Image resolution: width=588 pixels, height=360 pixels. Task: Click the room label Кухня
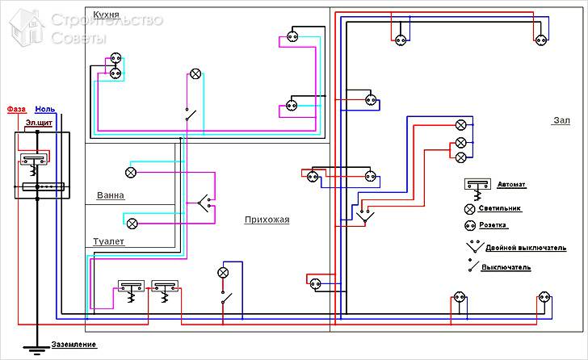pos(106,15)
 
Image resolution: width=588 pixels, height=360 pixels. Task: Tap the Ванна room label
pos(110,195)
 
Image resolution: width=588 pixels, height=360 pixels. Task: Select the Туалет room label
pos(108,241)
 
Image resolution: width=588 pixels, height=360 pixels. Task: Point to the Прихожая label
pos(267,220)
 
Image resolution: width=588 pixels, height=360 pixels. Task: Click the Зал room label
pos(562,120)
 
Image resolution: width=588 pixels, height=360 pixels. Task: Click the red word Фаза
pos(16,110)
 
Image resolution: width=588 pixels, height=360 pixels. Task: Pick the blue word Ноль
pos(45,110)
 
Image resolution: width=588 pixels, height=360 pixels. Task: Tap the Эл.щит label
pos(39,123)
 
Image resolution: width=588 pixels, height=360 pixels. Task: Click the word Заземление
pos(73,345)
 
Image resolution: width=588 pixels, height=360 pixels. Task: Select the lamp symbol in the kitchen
pos(195,73)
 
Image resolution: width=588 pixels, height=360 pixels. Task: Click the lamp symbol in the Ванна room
pos(131,172)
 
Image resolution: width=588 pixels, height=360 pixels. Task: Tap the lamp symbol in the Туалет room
pos(132,224)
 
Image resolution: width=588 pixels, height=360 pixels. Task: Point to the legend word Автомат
pos(511,185)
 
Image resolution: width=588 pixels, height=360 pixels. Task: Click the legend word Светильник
pos(500,208)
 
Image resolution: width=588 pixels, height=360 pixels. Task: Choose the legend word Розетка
pos(493,225)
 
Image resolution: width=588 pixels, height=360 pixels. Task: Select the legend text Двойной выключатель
pos(526,248)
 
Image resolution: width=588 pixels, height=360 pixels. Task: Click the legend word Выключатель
pos(506,267)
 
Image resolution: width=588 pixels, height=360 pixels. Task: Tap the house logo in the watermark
pos(26,28)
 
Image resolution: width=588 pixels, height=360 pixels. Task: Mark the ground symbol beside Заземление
pos(37,350)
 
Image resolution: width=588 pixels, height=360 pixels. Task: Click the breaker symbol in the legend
pos(477,189)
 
